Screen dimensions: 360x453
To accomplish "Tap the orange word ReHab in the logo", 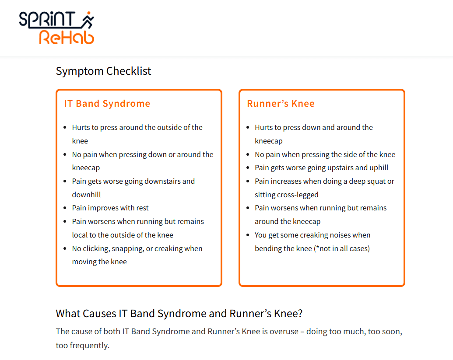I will (x=67, y=38).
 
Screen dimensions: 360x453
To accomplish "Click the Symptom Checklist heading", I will (x=103, y=71).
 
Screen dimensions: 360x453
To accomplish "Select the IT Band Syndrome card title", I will (x=107, y=104).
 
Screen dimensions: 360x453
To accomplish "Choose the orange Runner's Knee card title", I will (x=281, y=104).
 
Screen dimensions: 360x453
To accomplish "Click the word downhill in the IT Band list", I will (x=87, y=195).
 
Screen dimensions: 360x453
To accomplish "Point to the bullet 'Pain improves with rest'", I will (x=110, y=208).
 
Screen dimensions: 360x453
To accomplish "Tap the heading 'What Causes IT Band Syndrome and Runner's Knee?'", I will (x=179, y=314).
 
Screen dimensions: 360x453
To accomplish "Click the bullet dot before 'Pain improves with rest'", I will (x=65, y=208).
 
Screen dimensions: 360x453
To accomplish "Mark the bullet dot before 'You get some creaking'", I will (x=248, y=235).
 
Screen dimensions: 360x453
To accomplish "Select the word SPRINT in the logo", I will (x=47, y=20).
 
